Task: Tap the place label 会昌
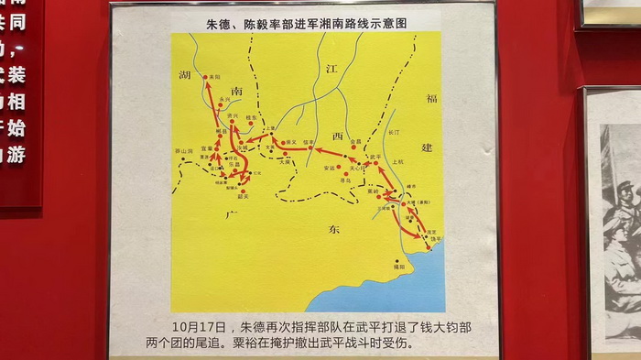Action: point(356,141)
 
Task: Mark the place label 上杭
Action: point(397,161)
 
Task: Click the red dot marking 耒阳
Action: point(206,78)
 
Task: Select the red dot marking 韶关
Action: point(243,190)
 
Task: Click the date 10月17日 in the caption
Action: point(200,326)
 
